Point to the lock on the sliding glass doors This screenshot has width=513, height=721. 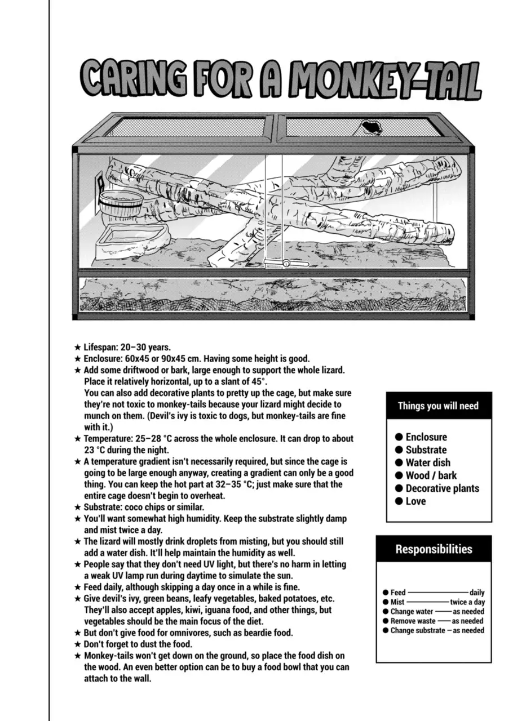click(x=285, y=262)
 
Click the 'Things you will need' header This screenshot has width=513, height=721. click(x=438, y=406)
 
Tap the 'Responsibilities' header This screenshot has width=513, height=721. click(x=434, y=549)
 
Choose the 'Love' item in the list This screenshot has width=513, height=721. click(x=415, y=501)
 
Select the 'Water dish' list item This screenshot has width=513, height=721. click(x=428, y=462)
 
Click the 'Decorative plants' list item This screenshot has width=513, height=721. click(x=442, y=488)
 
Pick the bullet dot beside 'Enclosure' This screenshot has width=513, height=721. click(x=399, y=437)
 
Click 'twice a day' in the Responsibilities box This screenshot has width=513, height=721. click(x=467, y=602)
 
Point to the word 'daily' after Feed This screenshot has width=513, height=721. click(x=476, y=593)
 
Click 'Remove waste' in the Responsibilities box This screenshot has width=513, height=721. click(x=413, y=621)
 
